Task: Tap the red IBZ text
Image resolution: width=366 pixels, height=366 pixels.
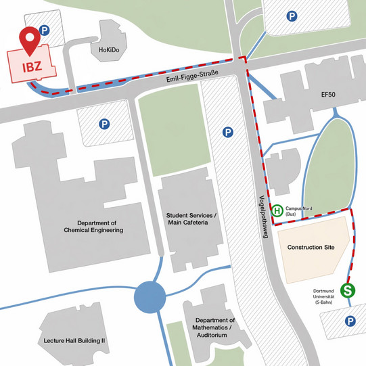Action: click(x=33, y=67)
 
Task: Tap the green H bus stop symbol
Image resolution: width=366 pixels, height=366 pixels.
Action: click(x=277, y=211)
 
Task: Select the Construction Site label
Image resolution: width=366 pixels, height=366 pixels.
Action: click(x=311, y=248)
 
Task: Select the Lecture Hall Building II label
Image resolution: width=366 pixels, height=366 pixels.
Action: click(x=74, y=340)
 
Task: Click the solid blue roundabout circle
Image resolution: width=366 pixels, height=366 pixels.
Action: click(x=150, y=298)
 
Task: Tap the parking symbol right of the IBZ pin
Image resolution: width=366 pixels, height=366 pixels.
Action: click(x=44, y=30)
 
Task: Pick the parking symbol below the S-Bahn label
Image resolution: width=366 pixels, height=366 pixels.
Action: click(x=350, y=321)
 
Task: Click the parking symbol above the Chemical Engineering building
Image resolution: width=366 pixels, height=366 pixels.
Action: click(x=104, y=124)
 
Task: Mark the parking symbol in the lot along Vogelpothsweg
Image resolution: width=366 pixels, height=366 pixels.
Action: click(x=227, y=132)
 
